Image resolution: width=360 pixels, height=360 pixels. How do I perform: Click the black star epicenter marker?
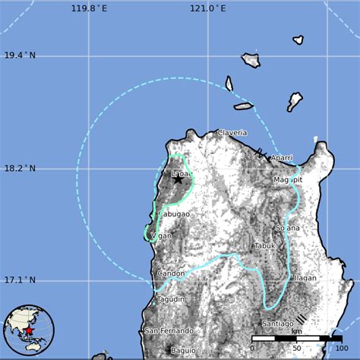coord(178,178)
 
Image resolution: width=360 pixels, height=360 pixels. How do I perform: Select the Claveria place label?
coord(232,133)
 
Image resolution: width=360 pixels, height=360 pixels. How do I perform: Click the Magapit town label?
coord(288,180)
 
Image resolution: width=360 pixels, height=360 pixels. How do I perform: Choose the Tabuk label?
coord(264,245)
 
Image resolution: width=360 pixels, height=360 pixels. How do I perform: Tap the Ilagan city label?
coord(305,278)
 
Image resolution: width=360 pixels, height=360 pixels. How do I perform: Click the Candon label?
coord(170,273)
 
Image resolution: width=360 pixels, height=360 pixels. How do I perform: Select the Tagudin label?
coord(171,300)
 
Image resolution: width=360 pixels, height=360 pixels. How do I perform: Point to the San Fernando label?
coord(169,331)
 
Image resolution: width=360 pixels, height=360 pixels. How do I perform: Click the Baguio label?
coord(182,351)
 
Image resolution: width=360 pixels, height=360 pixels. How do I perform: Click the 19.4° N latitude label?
coord(20,55)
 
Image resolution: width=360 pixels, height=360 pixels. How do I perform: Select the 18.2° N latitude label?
coord(20,168)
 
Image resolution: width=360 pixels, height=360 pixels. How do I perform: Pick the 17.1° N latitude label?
coord(20,280)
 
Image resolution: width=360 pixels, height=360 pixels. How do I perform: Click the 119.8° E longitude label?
coord(89,8)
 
